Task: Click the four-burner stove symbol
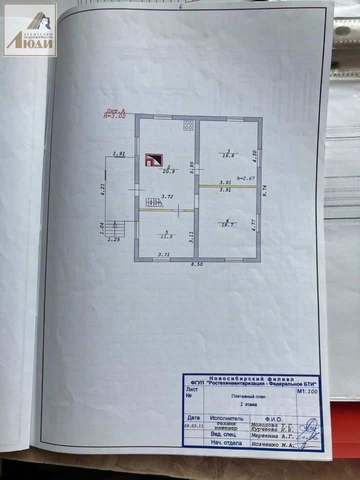tap(188, 125)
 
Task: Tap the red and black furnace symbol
tap(153, 159)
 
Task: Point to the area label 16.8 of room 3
tap(228, 155)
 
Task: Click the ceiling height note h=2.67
tap(246, 178)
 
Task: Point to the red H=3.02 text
tap(114, 115)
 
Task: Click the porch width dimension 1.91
tap(118, 154)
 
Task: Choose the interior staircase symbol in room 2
tap(153, 202)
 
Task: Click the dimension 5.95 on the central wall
tap(191, 167)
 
